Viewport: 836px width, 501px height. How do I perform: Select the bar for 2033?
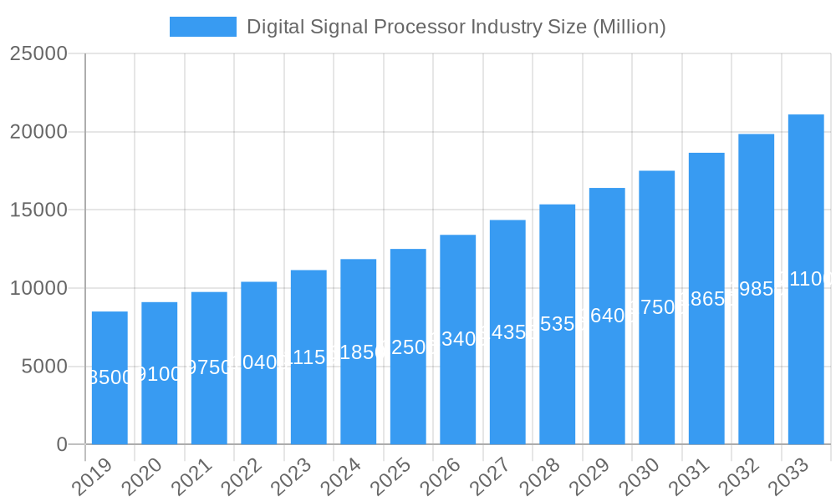[x=806, y=279]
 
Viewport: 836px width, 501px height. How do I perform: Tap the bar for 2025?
[x=408, y=347]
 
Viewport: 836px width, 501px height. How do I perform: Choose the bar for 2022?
[x=258, y=362]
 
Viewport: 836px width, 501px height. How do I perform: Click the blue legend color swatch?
[x=203, y=27]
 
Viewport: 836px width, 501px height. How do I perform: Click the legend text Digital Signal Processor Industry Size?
[x=456, y=27]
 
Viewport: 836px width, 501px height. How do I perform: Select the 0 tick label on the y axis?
[x=62, y=444]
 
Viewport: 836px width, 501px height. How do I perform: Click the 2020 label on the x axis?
[x=144, y=478]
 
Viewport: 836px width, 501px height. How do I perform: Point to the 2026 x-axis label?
[x=442, y=478]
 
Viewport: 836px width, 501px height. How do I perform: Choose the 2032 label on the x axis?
[x=741, y=478]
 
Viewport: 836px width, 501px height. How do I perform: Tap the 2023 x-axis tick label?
[x=293, y=478]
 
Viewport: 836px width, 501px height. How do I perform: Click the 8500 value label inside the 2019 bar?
[x=110, y=377]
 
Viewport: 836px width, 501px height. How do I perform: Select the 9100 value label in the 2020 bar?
[x=159, y=373]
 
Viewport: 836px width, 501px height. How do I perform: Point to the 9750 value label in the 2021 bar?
[x=209, y=368]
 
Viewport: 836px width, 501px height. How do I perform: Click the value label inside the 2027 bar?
[x=507, y=332]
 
